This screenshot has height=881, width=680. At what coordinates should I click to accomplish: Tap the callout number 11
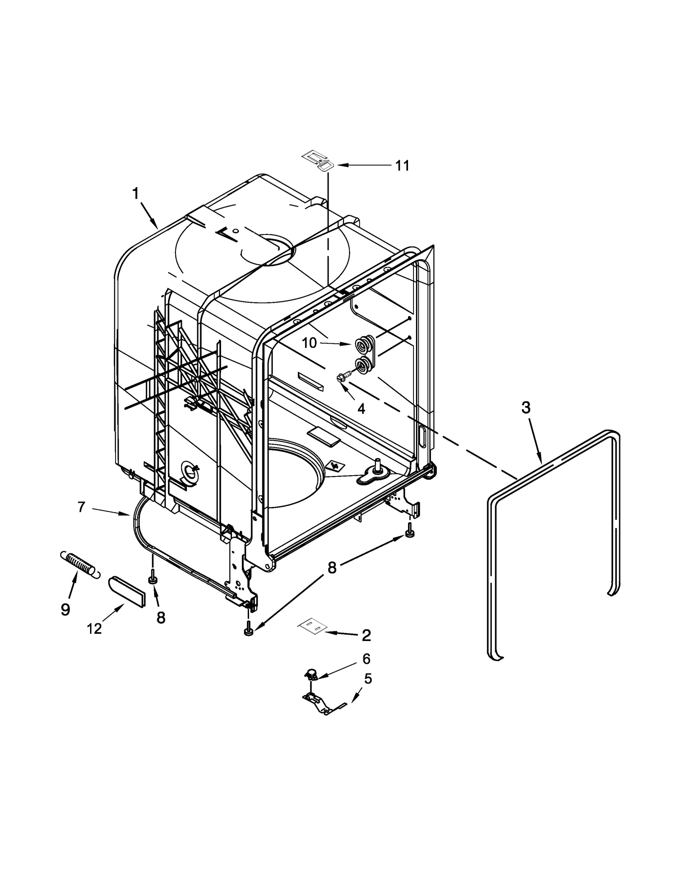pyautogui.click(x=402, y=165)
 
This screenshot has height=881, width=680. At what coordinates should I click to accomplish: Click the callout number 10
pyautogui.click(x=309, y=342)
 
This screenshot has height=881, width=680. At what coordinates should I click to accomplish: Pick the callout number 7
pyautogui.click(x=82, y=507)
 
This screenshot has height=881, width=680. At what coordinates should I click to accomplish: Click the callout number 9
pyautogui.click(x=65, y=610)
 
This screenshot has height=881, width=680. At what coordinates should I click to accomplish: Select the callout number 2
pyautogui.click(x=366, y=635)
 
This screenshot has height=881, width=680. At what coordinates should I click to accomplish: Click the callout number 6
pyautogui.click(x=366, y=659)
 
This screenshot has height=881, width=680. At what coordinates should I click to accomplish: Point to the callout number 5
pyautogui.click(x=368, y=679)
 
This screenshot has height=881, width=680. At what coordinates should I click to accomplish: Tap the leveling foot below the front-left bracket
pyautogui.click(x=249, y=632)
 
